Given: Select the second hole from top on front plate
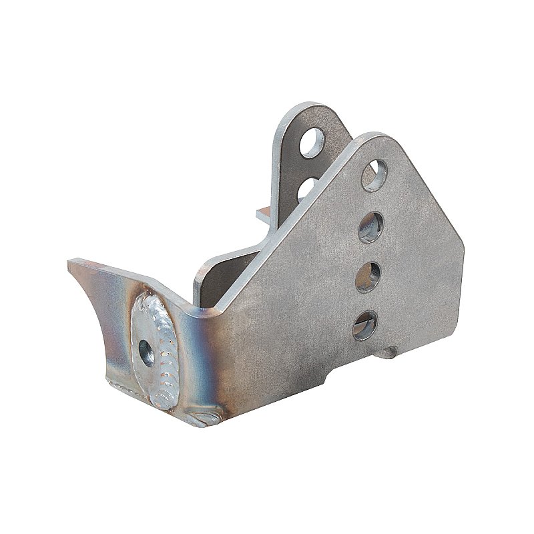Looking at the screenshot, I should coord(370,226).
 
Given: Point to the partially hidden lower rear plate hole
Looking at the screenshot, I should coord(306,186).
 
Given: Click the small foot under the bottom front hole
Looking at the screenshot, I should coord(387,354).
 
